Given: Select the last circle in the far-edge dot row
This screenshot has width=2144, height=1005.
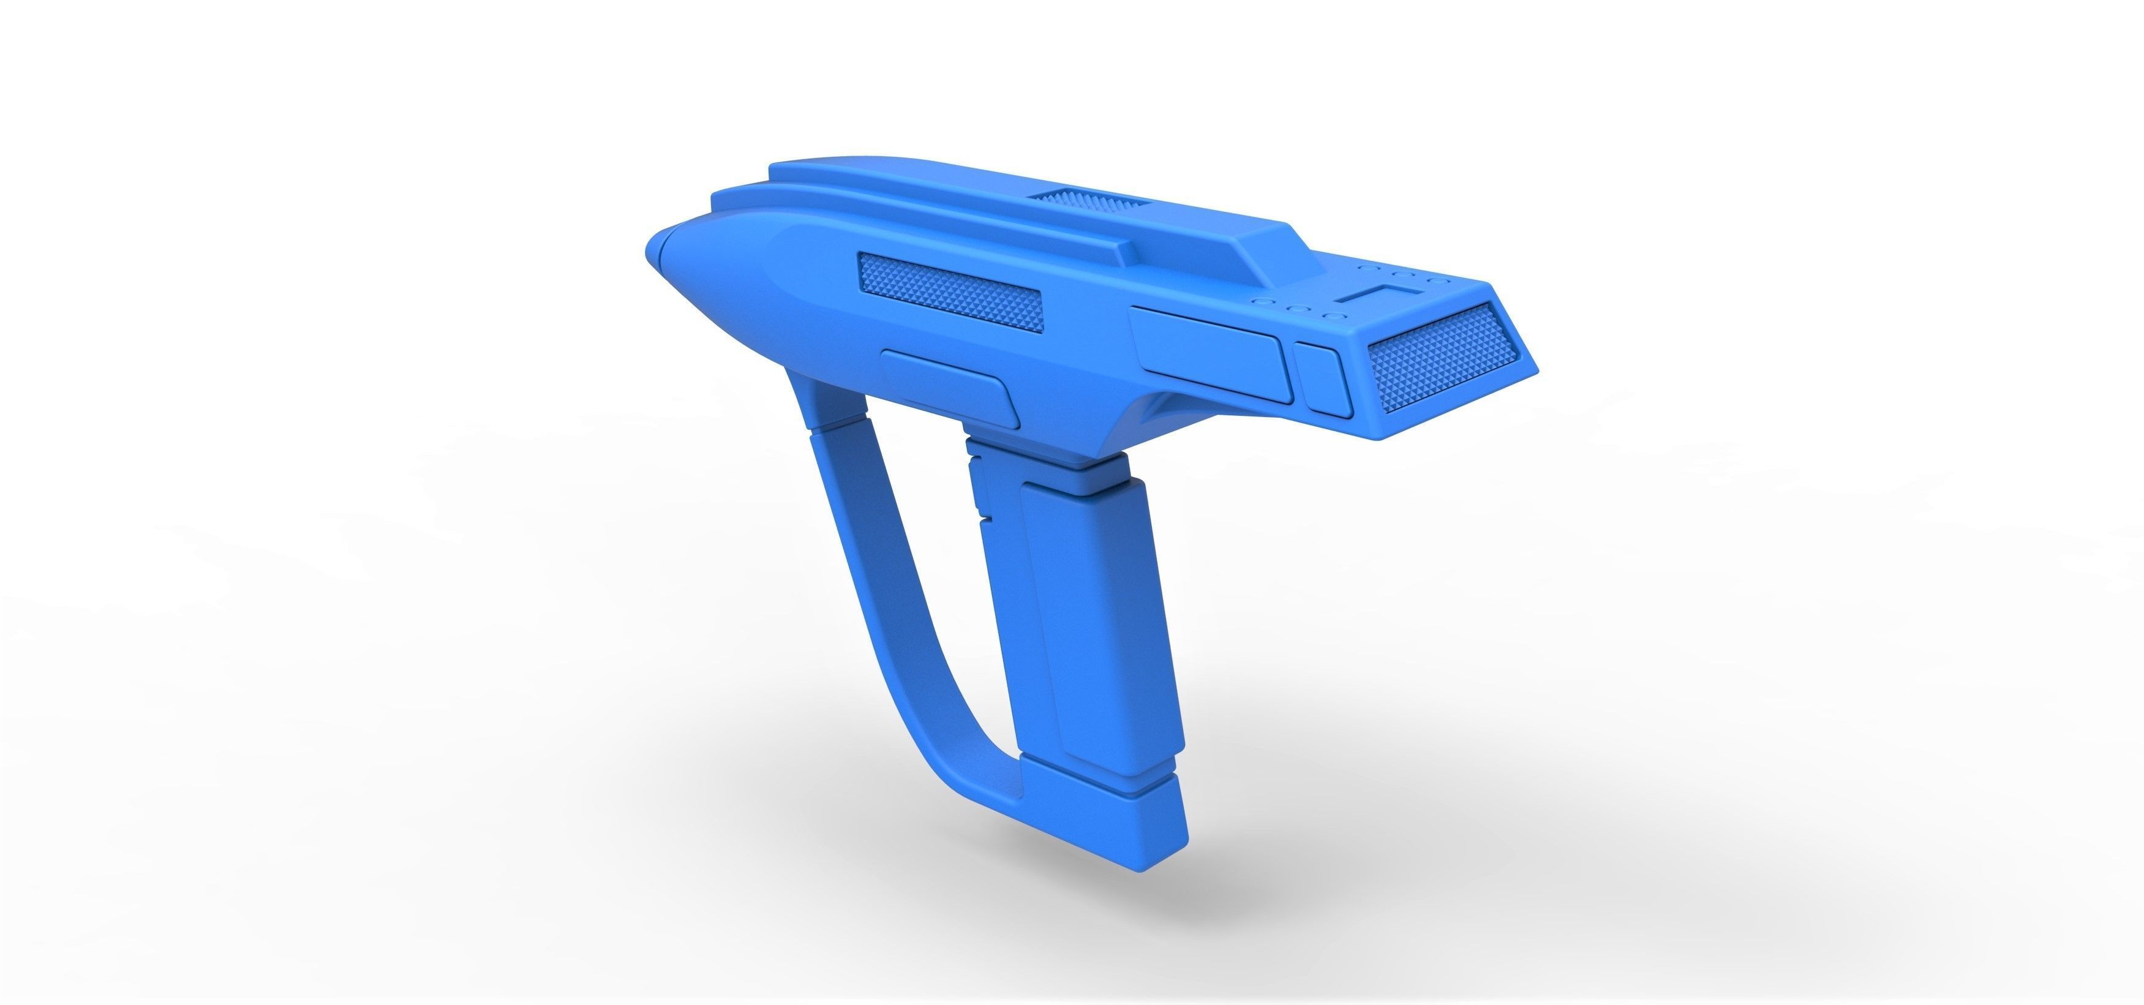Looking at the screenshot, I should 1433,282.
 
